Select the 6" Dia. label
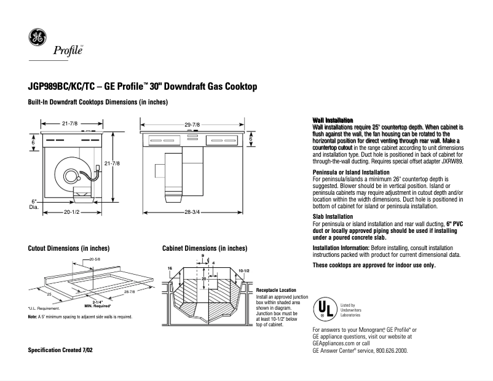[34, 205]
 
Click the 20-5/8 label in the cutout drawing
[95, 260]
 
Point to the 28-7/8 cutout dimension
[129, 291]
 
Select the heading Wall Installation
[333, 119]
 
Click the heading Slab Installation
[333, 217]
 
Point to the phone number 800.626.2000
[388, 350]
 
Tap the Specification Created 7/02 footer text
[61, 350]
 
